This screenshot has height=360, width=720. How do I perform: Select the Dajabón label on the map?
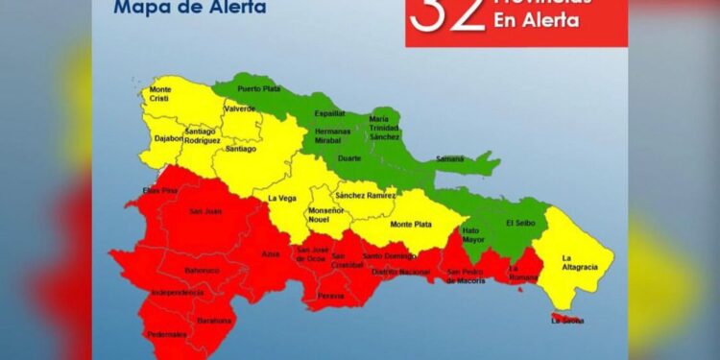[167, 138]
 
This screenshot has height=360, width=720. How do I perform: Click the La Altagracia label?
[580, 261]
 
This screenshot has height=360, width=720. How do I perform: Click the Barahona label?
[214, 321]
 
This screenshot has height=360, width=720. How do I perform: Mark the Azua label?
[271, 254]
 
